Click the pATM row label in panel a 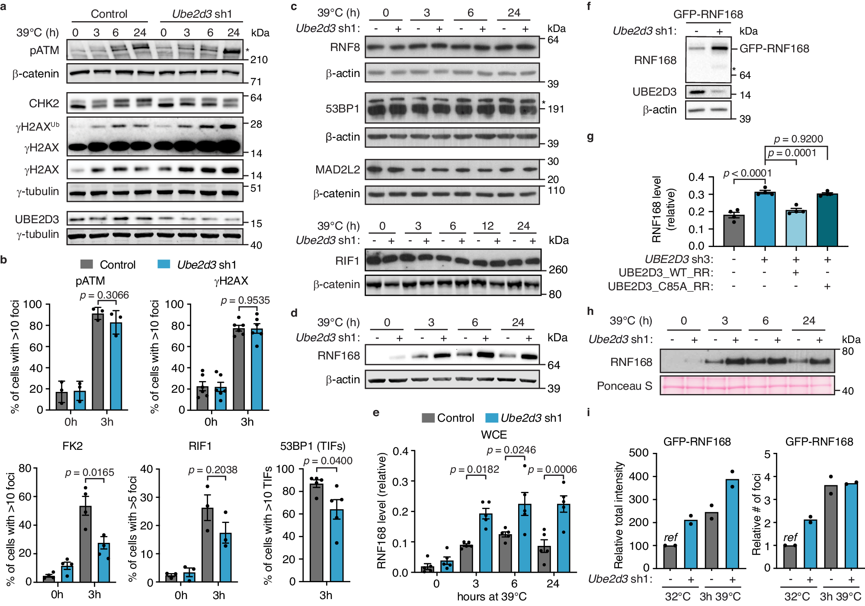click(44, 50)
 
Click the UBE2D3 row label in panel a click(37, 219)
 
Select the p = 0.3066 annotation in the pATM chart click(104, 295)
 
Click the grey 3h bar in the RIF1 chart click(208, 545)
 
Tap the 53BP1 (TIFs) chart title click(313, 446)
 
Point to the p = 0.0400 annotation click(328, 461)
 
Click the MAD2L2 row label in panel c click(337, 170)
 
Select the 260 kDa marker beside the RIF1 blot click(558, 269)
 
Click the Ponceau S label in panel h click(624, 386)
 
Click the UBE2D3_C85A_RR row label click(660, 286)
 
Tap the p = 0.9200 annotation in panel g click(798, 139)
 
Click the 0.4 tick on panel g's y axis click(696, 177)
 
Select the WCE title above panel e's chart click(494, 434)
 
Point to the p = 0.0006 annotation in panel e click(552, 469)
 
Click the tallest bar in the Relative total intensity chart click(732, 523)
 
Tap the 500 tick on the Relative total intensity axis click(639, 452)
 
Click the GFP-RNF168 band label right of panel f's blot click(774, 48)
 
